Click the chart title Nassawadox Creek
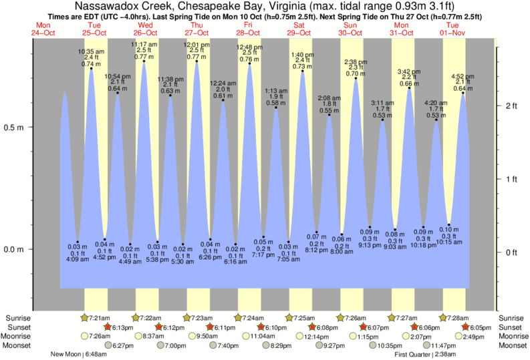(265, 5)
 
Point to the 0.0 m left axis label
(14, 249)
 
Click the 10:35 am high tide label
(91, 51)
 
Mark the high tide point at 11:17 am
(144, 61)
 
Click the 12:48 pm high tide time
(249, 47)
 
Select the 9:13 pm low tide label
(370, 244)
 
